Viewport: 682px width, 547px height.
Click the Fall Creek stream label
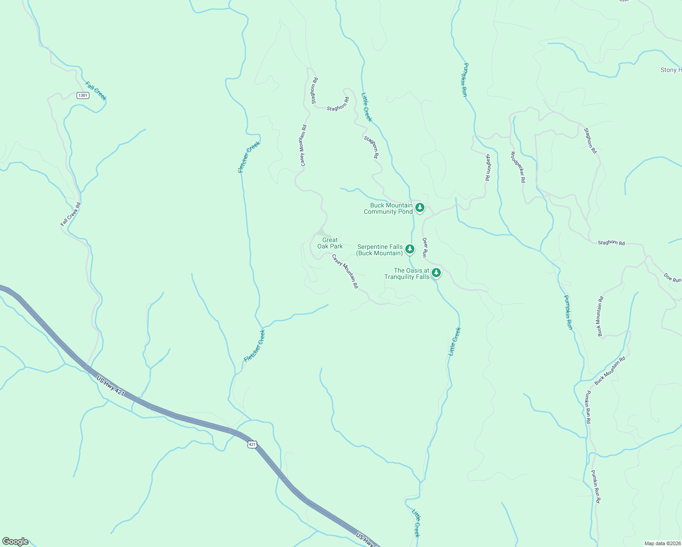96,91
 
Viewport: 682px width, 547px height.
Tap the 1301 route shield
83,95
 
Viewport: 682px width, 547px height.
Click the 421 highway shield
253,444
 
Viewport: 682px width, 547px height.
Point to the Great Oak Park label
330,243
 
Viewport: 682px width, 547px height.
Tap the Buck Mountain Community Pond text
388,208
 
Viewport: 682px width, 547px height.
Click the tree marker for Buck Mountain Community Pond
420,208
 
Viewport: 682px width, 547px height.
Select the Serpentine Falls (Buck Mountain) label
380,250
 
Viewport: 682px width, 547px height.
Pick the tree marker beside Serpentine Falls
410,249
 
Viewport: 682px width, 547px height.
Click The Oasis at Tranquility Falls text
407,273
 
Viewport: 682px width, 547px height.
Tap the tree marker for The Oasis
436,273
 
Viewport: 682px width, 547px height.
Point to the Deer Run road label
425,248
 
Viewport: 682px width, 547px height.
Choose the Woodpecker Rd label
518,167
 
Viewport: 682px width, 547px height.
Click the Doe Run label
673,278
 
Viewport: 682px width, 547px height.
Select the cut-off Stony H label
671,70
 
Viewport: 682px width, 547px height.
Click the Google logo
15,542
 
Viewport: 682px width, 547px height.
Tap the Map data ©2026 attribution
662,543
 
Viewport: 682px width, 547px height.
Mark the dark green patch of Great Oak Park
321,232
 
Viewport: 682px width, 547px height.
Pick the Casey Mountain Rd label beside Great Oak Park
345,271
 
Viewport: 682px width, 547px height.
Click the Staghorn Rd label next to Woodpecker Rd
488,168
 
